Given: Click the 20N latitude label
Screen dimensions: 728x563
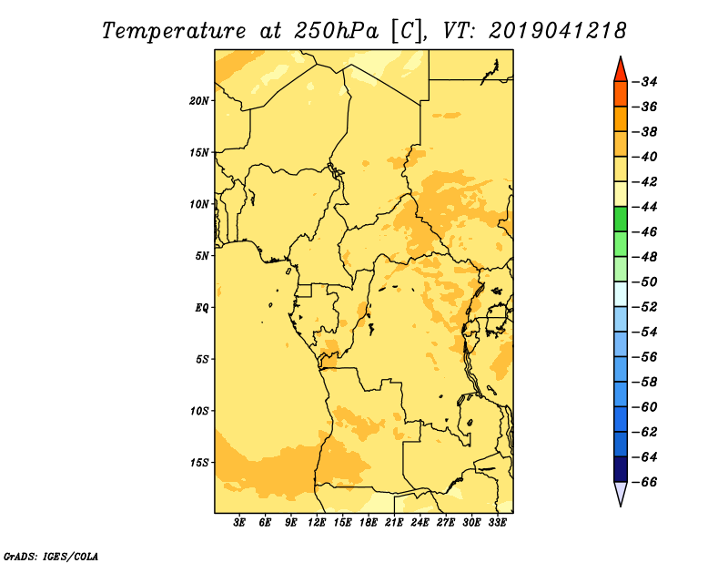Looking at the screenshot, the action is pos(199,101).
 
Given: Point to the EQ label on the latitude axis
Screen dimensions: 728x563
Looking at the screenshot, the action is pos(201,308).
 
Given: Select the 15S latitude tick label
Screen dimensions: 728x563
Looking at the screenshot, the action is pos(199,463).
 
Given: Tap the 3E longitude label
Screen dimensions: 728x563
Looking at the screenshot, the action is pos(239,523).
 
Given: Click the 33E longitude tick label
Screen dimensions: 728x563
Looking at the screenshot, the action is pos(497,523).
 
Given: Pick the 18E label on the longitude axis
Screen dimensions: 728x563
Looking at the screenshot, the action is pos(369,523).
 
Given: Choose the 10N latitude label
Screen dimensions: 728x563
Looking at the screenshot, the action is pos(199,204).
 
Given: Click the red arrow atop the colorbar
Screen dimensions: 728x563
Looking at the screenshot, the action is pos(621,70).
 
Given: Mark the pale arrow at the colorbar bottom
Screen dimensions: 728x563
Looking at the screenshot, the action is pos(621,493).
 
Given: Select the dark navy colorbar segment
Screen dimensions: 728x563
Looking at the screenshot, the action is pos(621,469).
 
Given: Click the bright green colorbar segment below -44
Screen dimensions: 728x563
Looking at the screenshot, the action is pos(621,219).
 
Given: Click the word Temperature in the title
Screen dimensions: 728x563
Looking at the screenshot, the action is pos(174,31).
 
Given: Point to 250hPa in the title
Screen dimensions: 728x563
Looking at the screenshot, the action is pos(336,31).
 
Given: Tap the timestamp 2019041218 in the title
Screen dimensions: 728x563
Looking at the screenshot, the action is pos(558,31).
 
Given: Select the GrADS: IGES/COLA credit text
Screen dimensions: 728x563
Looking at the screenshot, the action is pos(51,556).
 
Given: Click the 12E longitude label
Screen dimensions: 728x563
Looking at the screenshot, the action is pos(317,523).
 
